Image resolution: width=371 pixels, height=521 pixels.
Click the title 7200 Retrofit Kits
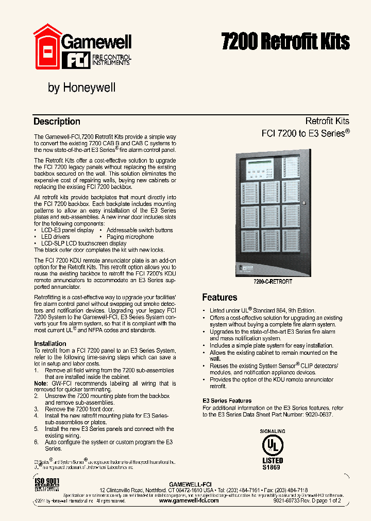click(x=285, y=41)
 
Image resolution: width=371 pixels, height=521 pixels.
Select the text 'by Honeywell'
click(x=81, y=88)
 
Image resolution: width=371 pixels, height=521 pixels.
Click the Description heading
click(x=57, y=121)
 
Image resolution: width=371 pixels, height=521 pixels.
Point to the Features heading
click(x=220, y=298)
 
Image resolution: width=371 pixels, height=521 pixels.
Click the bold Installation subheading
click(x=50, y=343)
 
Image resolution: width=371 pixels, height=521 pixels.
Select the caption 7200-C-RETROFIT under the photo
click(x=273, y=282)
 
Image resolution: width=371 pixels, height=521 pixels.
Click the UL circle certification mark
click(x=273, y=445)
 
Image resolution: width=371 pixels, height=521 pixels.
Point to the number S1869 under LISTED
click(x=273, y=467)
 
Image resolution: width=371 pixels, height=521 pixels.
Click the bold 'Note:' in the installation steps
click(x=41, y=384)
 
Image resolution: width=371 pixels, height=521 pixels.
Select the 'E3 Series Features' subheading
click(x=227, y=401)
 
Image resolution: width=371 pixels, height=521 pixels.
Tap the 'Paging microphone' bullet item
click(x=130, y=237)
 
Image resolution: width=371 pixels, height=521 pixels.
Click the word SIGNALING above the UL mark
click(x=273, y=431)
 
